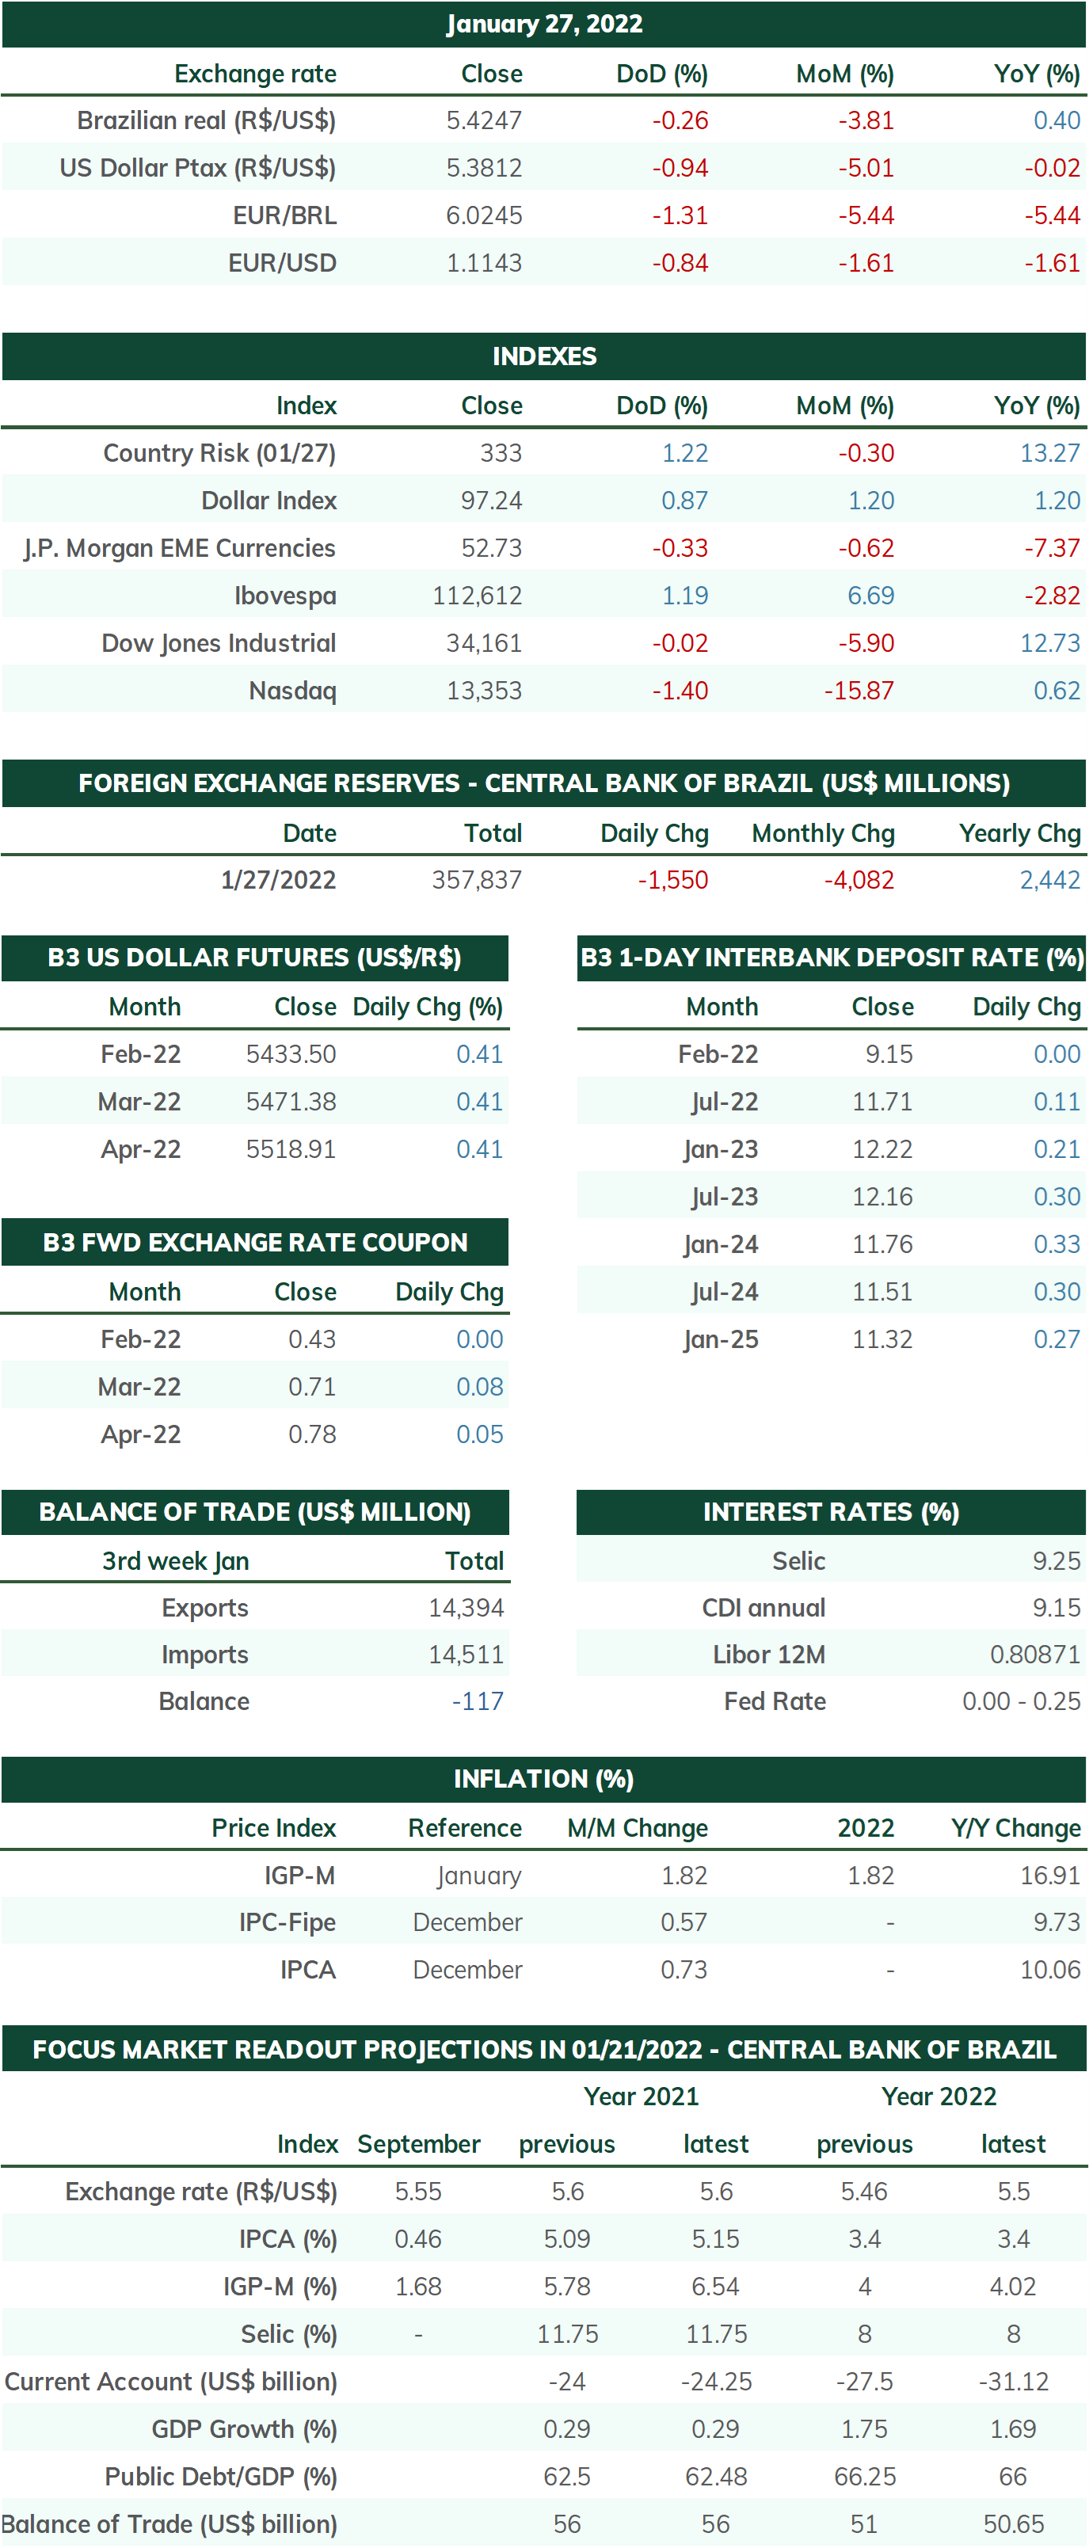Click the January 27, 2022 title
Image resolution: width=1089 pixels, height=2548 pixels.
(x=544, y=24)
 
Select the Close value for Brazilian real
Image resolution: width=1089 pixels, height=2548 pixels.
(x=484, y=120)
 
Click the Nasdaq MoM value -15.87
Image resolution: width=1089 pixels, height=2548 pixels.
(x=859, y=691)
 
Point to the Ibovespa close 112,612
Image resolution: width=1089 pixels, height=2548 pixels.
(x=477, y=596)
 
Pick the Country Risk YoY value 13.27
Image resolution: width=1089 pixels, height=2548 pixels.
(x=1050, y=453)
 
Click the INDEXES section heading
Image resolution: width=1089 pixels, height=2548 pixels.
(x=544, y=356)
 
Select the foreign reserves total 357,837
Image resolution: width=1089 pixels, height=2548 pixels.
(x=477, y=879)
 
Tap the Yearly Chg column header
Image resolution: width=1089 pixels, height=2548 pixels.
(x=1020, y=833)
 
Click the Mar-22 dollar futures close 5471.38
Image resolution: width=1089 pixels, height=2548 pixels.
(x=291, y=1102)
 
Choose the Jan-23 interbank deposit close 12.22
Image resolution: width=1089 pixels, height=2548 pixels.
(x=882, y=1149)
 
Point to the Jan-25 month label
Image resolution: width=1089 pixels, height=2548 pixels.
(x=721, y=1339)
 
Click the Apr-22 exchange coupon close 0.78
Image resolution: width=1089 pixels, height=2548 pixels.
(x=313, y=1434)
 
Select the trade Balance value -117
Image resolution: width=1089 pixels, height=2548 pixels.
(x=478, y=1701)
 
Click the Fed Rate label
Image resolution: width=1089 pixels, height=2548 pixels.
(x=775, y=1701)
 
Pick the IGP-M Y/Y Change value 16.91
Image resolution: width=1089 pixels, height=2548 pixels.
(x=1050, y=1876)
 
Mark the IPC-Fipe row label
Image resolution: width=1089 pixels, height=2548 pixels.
(x=287, y=1921)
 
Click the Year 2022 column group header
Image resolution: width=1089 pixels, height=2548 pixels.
(x=939, y=2096)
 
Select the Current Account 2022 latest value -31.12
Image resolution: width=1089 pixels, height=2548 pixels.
(x=1014, y=2381)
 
